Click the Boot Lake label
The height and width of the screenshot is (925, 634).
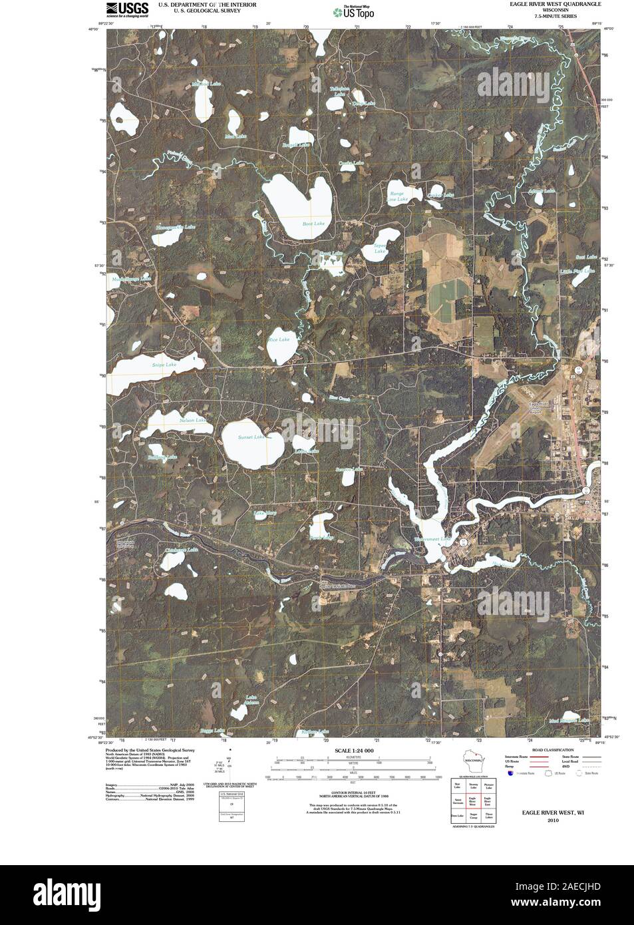(313, 224)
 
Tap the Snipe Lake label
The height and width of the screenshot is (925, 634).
(164, 365)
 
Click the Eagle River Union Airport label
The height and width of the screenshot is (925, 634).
(536, 407)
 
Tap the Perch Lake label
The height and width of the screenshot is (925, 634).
(321, 537)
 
